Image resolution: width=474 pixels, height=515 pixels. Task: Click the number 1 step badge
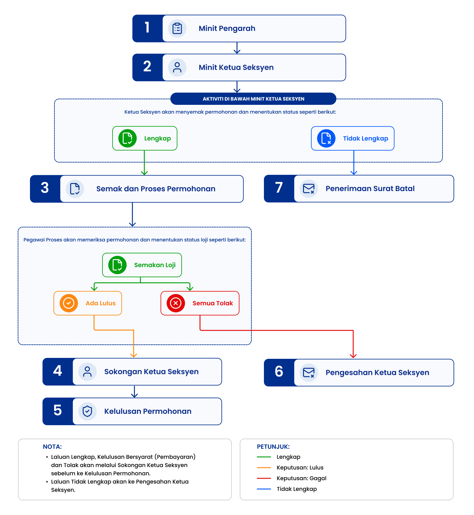coord(147,28)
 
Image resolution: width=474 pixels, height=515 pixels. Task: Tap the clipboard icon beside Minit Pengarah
coord(177,28)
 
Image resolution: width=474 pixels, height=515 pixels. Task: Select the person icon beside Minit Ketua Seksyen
coord(177,68)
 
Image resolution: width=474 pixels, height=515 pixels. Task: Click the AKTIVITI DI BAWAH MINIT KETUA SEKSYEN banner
coord(253,99)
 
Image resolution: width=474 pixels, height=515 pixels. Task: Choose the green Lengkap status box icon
coord(128,138)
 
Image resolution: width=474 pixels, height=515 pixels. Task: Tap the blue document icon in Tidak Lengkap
coord(326,138)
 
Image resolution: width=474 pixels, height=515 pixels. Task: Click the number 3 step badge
coord(45,189)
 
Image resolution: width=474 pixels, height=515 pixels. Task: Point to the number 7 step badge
coord(279,189)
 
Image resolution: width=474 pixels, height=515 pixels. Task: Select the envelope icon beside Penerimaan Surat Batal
coord(309,189)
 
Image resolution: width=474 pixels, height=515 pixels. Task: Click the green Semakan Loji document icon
coord(117,265)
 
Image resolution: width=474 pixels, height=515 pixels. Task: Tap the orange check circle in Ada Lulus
coord(69,303)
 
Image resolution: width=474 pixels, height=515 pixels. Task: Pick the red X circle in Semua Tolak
coord(176,303)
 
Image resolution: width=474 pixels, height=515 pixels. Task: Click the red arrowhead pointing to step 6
coord(353,356)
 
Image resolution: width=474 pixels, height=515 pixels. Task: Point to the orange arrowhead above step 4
coord(134,355)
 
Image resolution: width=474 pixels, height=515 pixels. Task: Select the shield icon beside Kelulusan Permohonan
coord(87,411)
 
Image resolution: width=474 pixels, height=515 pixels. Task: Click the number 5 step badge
coord(57,411)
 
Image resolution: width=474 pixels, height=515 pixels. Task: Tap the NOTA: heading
coord(52,447)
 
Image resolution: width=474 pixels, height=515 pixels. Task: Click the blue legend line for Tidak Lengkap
coord(264,489)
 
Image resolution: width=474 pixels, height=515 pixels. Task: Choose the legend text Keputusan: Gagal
coord(302,478)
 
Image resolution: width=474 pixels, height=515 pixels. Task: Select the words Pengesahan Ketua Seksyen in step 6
coord(377,373)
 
